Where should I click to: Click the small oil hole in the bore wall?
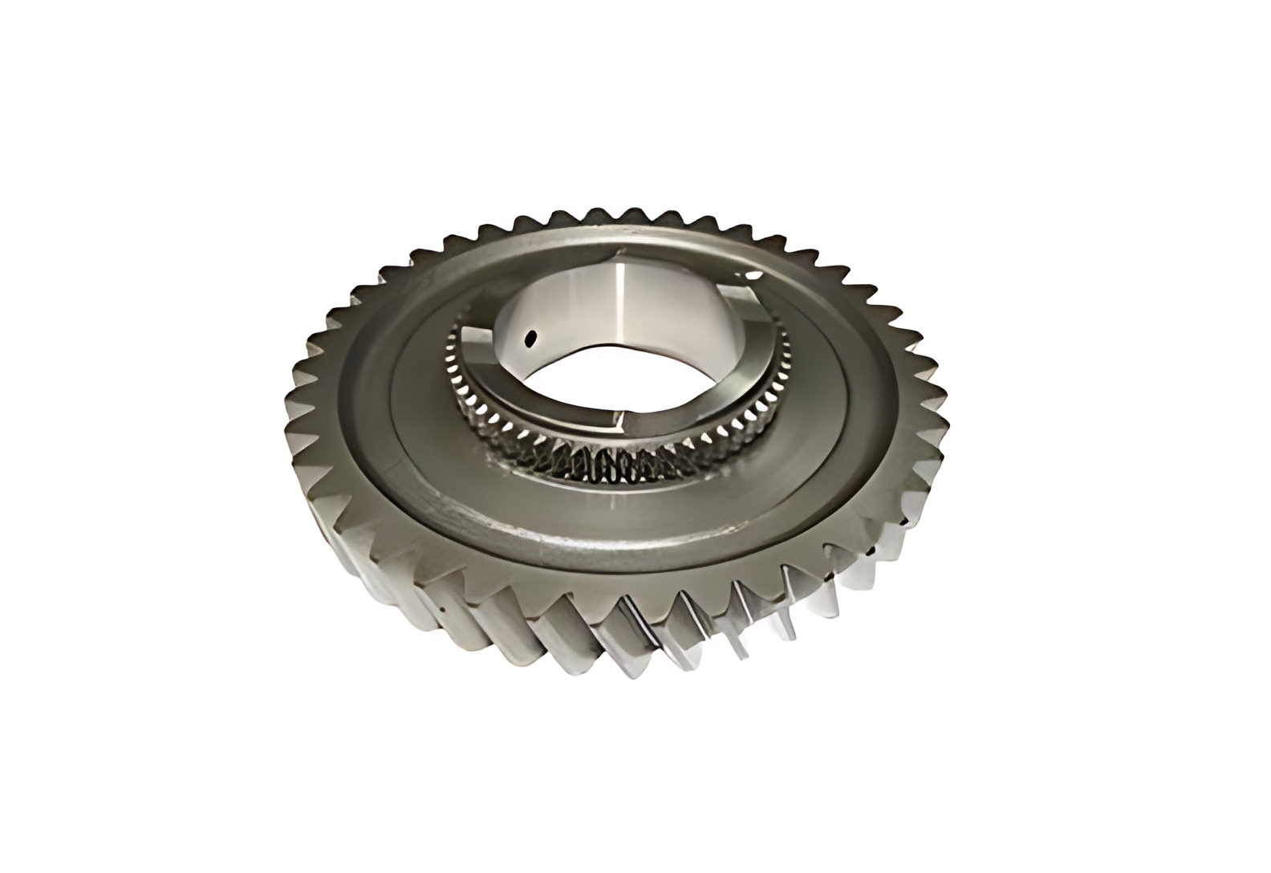pyautogui.click(x=528, y=340)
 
